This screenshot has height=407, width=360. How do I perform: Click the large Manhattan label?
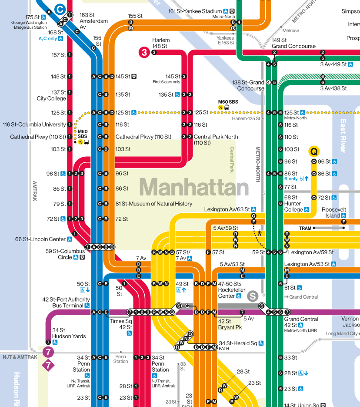click(x=194, y=188)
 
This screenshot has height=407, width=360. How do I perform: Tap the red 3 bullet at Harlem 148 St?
click(x=144, y=53)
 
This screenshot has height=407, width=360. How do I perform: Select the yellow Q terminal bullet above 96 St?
click(x=314, y=151)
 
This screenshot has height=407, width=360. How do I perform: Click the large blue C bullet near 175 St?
click(x=60, y=8)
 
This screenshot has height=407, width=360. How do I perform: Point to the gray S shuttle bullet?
click(x=253, y=296)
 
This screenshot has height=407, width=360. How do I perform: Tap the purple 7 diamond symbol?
click(x=47, y=365)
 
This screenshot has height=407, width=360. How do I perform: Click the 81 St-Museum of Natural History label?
click(x=154, y=204)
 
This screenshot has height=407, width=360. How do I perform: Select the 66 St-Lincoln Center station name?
click(x=40, y=239)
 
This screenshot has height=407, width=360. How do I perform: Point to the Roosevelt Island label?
click(x=333, y=212)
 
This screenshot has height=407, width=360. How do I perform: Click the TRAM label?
click(x=305, y=228)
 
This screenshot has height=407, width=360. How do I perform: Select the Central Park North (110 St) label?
click(x=216, y=140)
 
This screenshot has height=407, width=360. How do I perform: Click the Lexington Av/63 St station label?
click(x=227, y=209)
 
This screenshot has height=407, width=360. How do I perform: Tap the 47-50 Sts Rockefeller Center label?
click(x=232, y=290)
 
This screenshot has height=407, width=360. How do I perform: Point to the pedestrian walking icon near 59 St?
click(x=260, y=233)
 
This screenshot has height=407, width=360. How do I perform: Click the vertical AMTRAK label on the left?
click(x=35, y=191)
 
